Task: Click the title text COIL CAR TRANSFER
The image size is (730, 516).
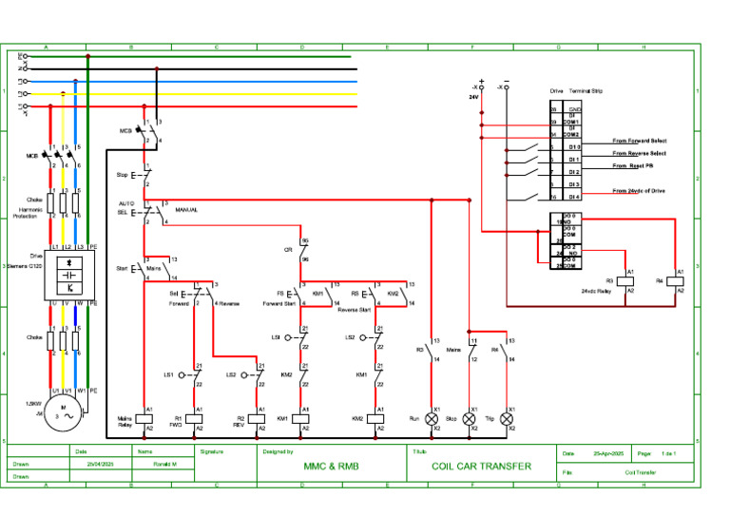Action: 481,467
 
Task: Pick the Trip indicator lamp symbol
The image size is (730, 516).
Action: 508,418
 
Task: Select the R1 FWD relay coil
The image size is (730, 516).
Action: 195,418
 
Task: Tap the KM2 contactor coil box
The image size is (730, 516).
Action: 376,418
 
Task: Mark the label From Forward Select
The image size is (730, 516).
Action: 639,141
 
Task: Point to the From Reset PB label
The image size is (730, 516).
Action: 634,166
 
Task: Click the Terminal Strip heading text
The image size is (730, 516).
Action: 586,91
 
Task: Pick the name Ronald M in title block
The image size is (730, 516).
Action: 167,465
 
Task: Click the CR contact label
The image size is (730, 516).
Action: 288,250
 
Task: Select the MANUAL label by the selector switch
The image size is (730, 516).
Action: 186,209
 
